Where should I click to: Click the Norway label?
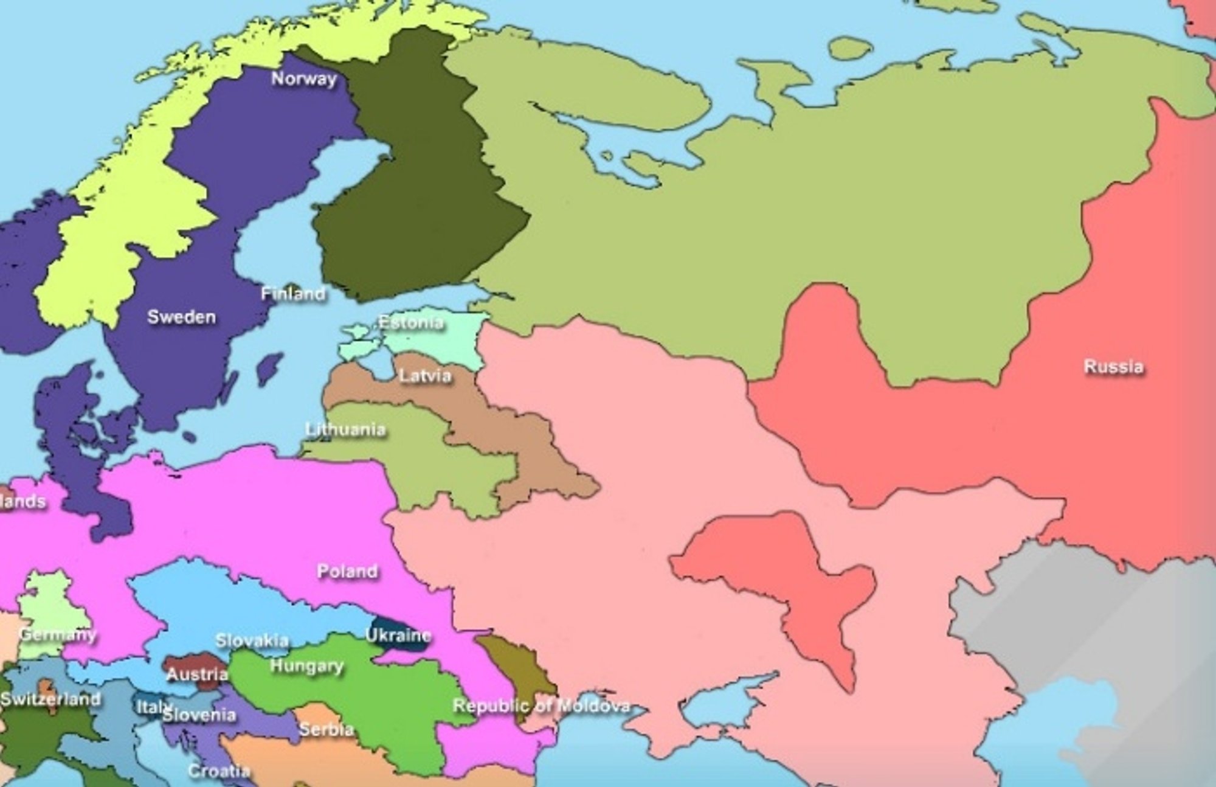coord(303,78)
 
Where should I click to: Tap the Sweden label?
coord(181,317)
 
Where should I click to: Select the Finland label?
coord(293,294)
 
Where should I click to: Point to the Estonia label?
coord(411,322)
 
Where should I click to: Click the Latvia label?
coord(425,375)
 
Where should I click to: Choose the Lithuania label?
coord(345,429)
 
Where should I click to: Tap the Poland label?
coord(347,571)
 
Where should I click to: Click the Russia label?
coord(1113,367)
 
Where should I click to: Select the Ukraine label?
coord(398,635)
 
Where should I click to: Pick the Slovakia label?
coord(252,640)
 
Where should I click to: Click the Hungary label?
coord(306,666)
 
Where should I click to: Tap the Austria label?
coord(197,674)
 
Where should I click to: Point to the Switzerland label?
coord(50,699)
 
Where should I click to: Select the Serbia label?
coord(326,729)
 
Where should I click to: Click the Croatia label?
coord(219,771)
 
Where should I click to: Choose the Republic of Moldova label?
coord(541,706)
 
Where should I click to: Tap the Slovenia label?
coord(199,715)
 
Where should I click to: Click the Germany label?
coord(57,634)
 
